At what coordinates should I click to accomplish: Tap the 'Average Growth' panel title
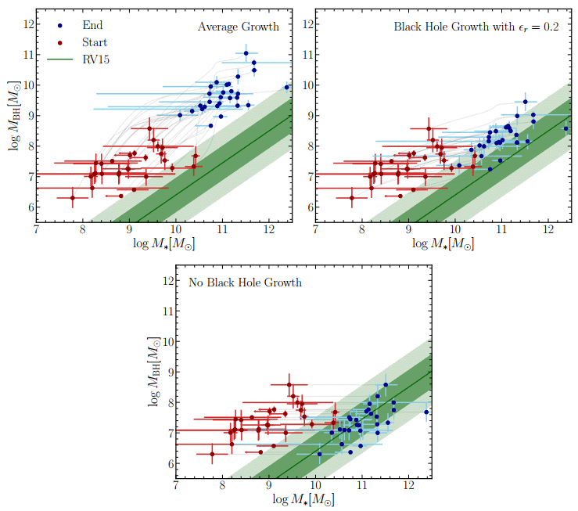tap(238, 27)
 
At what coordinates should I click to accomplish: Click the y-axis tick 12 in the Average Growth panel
tap(27, 24)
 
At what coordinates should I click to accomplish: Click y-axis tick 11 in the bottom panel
tap(166, 311)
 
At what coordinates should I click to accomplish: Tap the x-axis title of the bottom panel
tap(303, 501)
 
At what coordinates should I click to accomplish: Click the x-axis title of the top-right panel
tap(443, 244)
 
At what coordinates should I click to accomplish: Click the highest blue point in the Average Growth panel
tap(246, 53)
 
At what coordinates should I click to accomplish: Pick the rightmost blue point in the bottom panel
tap(426, 412)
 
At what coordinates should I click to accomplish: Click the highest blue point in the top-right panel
tap(526, 102)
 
